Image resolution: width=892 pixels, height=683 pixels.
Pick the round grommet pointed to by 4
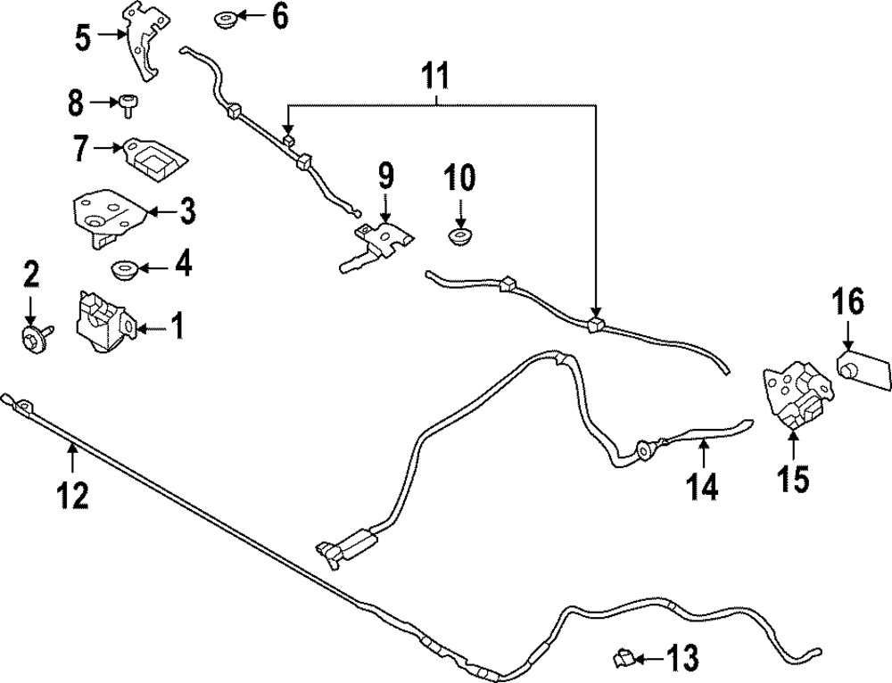pyautogui.click(x=122, y=268)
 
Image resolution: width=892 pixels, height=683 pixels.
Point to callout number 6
pyautogui.click(x=280, y=16)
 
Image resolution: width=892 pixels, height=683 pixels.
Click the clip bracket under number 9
pyautogui.click(x=381, y=241)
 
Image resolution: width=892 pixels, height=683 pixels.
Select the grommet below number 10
pyautogui.click(x=459, y=238)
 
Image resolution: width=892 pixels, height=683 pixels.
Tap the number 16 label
pyautogui.click(x=848, y=303)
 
